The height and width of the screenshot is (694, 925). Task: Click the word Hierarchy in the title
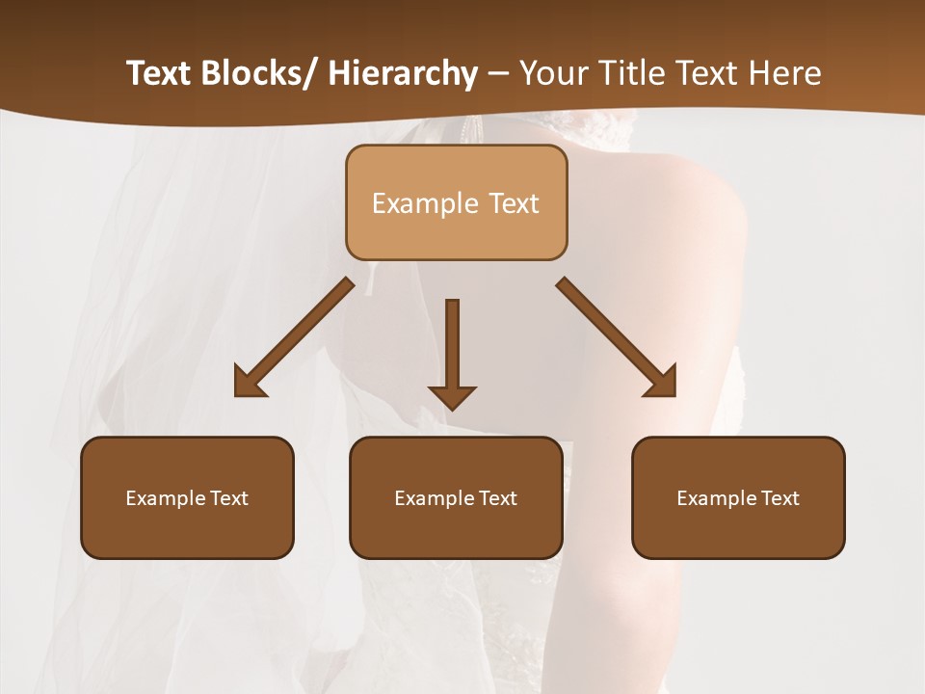403,73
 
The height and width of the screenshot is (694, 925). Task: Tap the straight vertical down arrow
452,347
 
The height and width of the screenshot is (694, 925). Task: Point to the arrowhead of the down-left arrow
250,383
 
